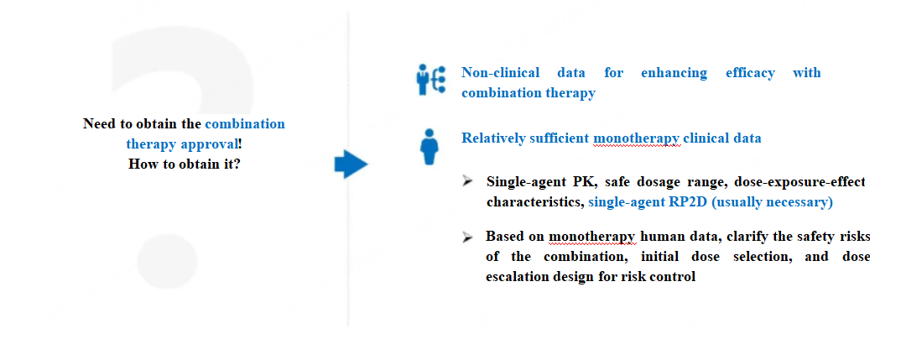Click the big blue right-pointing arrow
[351, 164]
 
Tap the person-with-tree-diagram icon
[431, 80]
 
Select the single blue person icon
[430, 147]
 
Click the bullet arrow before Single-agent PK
[468, 182]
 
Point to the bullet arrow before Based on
[468, 237]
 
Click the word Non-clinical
[500, 73]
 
